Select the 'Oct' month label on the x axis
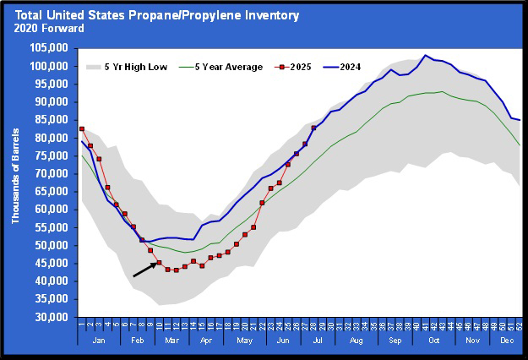pyautogui.click(x=433, y=340)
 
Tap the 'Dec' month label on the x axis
pyautogui.click(x=506, y=340)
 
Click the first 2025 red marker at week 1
pyautogui.click(x=82, y=129)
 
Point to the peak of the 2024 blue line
pyautogui.click(x=425, y=56)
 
